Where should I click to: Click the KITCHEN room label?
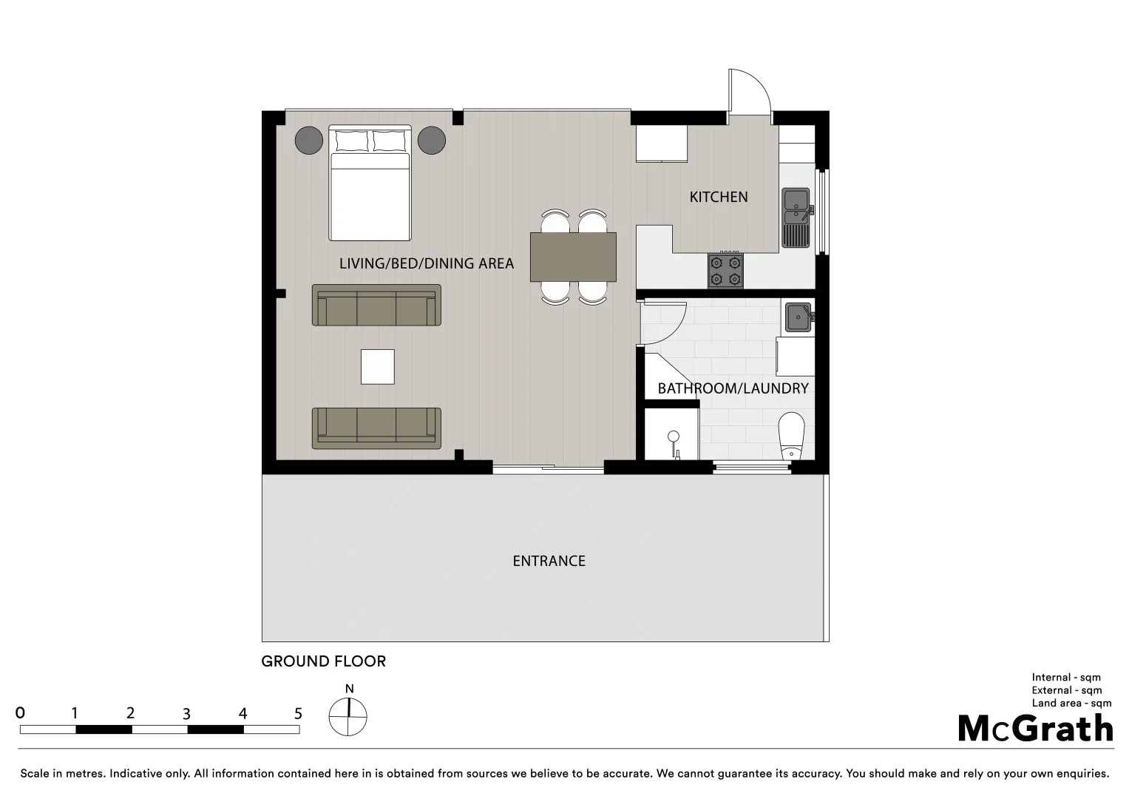tap(718, 197)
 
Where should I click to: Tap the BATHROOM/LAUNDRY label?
tap(733, 388)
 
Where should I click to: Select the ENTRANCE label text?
tap(549, 561)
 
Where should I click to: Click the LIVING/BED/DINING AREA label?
tap(426, 263)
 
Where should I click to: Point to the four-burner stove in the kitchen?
tap(725, 270)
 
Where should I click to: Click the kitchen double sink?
tap(796, 216)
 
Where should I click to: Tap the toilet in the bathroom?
tap(791, 436)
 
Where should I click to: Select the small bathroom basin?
tap(799, 317)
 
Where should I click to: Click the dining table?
tap(573, 257)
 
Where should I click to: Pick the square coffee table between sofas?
tap(377, 367)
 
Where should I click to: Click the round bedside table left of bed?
tap(309, 140)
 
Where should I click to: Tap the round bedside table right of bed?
tap(431, 140)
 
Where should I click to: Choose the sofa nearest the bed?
tap(376, 305)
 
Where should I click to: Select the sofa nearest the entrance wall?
tap(376, 428)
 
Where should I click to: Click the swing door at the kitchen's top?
tap(748, 92)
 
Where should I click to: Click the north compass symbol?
tap(347, 715)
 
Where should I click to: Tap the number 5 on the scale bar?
tap(298, 713)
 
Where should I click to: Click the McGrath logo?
tap(1035, 728)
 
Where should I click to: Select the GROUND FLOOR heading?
tap(323, 661)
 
